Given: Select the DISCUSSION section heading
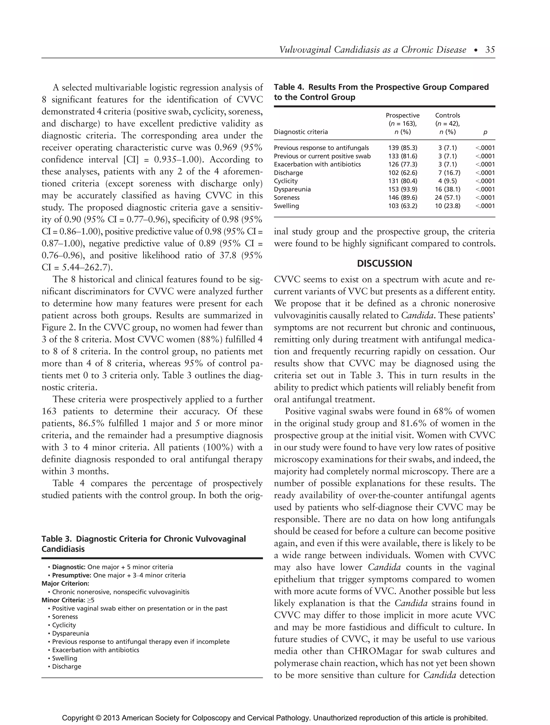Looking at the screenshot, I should point(384,263).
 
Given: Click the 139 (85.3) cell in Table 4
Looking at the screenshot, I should point(403,148).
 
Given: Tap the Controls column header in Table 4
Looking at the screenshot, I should point(447,115).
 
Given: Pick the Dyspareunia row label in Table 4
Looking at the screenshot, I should point(292,189).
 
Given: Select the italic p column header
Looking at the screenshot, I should point(485,132).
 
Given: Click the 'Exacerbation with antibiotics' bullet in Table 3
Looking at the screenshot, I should point(95,650).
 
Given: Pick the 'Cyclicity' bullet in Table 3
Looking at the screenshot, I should point(64,625).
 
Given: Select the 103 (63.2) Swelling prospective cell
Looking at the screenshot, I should point(403,206).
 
